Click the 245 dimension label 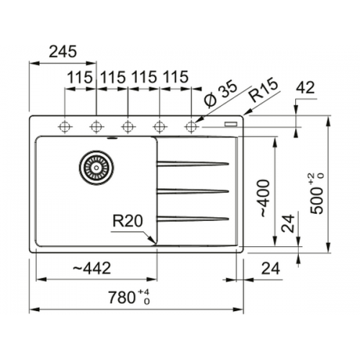63,51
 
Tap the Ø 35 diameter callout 220,94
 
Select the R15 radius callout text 264,90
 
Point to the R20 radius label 127,221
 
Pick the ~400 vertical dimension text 265,198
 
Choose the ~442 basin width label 92,268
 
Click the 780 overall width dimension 129,297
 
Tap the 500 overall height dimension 317,193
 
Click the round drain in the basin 96,168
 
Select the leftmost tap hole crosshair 65,126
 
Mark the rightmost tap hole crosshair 191,126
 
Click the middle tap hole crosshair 128,126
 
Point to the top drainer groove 193,163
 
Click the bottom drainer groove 193,218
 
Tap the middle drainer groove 193,191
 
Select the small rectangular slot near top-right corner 231,124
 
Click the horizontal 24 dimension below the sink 271,269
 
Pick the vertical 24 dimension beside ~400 288,223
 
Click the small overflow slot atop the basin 112,138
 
